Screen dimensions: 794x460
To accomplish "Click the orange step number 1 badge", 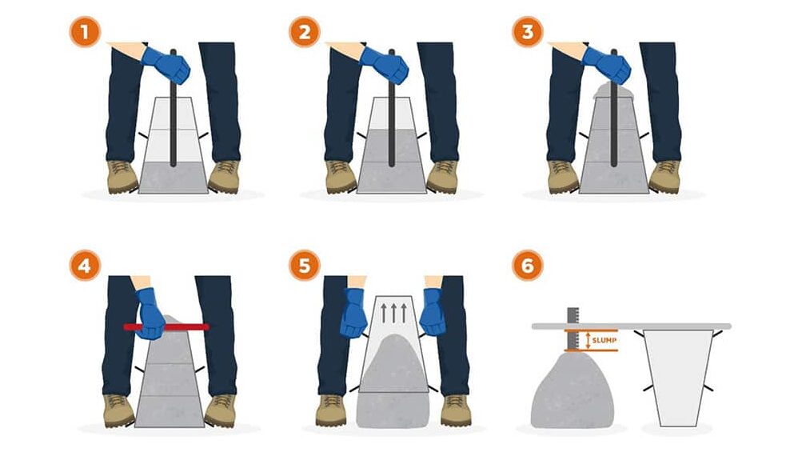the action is click(85, 32).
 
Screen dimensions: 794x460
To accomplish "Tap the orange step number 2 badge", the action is click(305, 32).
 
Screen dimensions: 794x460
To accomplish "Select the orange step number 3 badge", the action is click(528, 32).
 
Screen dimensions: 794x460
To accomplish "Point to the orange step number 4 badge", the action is click(85, 265).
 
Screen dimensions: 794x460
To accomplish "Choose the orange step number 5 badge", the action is click(305, 265).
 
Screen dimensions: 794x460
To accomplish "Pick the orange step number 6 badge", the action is click(528, 265).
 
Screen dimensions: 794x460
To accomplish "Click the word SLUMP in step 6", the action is click(604, 341).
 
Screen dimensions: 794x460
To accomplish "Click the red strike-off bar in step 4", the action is click(166, 326).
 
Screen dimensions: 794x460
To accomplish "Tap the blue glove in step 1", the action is click(166, 65).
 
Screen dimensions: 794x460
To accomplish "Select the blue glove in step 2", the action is click(385, 65).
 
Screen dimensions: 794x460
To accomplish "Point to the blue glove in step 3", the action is click(607, 65).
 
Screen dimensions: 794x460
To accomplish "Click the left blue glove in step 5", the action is click(353, 312).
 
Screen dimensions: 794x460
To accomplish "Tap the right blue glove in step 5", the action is click(433, 312).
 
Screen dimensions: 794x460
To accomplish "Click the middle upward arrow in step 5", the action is click(393, 313).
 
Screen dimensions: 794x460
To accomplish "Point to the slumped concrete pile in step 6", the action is click(573, 391).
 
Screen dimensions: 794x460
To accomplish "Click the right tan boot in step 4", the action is click(220, 410).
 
